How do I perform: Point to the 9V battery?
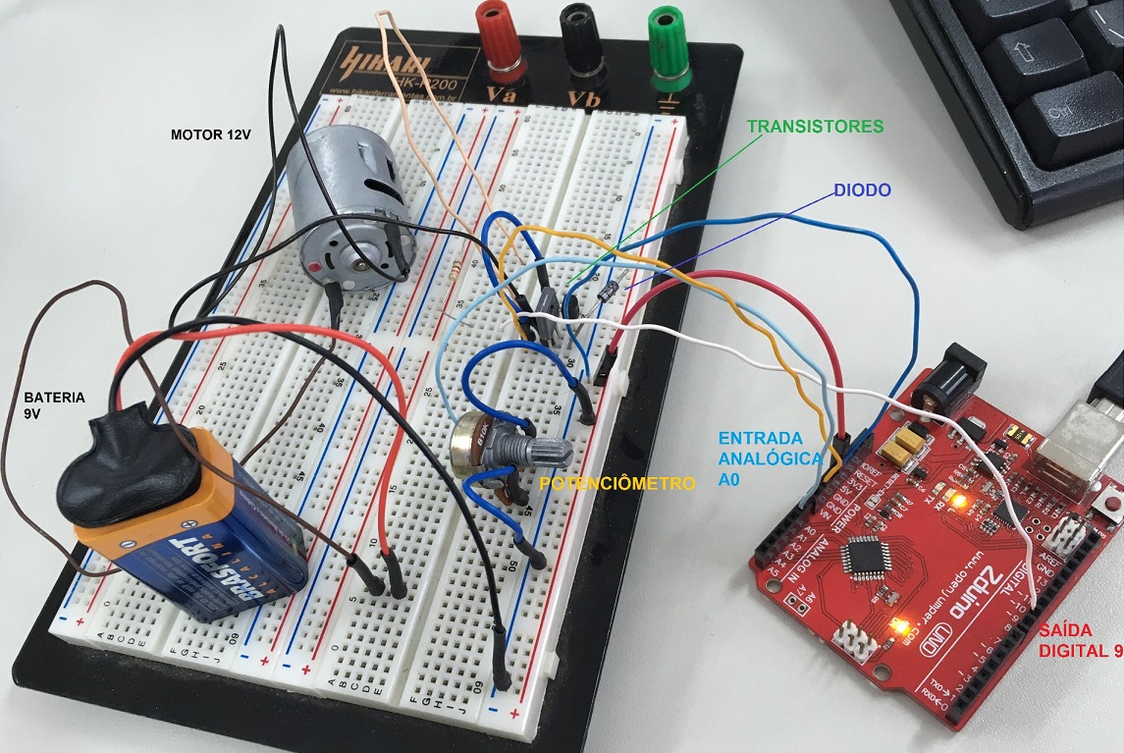point(187,535)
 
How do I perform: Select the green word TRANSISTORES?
point(815,127)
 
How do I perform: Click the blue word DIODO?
point(864,188)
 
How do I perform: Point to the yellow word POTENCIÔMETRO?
point(617,484)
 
